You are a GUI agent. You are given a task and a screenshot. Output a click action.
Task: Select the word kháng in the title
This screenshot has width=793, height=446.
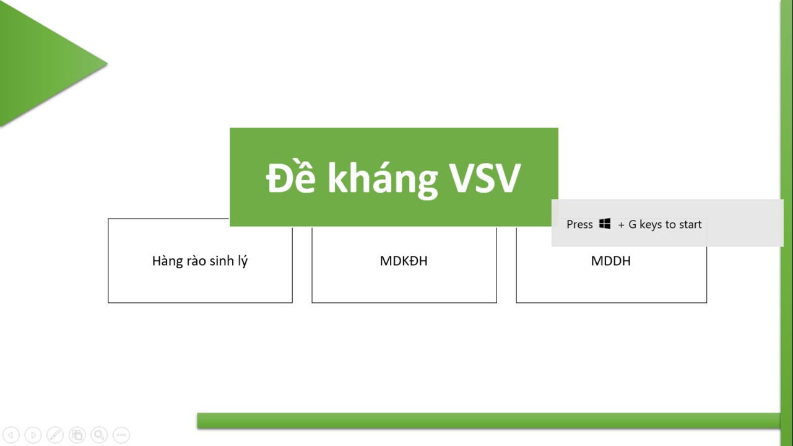[x=383, y=179]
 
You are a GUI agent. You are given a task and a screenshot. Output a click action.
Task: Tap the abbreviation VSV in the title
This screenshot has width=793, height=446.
[x=485, y=178]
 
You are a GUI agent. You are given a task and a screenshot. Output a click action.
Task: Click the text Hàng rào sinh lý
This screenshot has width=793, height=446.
[x=200, y=261]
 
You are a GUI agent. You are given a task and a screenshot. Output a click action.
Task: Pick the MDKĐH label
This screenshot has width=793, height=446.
[x=404, y=261]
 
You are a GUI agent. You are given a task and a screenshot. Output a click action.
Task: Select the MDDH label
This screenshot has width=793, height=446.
[x=610, y=261]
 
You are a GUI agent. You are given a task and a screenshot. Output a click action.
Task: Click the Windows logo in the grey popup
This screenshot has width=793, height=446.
[x=605, y=224]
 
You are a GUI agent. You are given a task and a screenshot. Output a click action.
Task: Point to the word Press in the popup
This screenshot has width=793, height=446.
[x=579, y=224]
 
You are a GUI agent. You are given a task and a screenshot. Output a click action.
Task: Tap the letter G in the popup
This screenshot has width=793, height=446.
[x=632, y=224]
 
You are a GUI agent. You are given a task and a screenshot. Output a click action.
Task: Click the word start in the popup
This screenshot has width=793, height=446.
[x=690, y=224]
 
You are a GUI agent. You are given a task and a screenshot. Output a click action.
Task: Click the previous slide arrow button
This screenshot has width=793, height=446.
[x=11, y=435]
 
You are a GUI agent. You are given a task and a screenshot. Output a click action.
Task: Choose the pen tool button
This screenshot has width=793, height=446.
[x=55, y=435]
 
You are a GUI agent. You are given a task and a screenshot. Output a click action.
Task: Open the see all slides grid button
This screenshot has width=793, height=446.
[x=77, y=435]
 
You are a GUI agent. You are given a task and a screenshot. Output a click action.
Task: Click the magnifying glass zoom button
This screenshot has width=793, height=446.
[x=99, y=435]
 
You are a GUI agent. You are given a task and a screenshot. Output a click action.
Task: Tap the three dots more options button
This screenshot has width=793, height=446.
[x=121, y=435]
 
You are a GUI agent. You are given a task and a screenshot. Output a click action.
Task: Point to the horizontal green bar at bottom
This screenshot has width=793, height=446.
[x=488, y=421]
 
